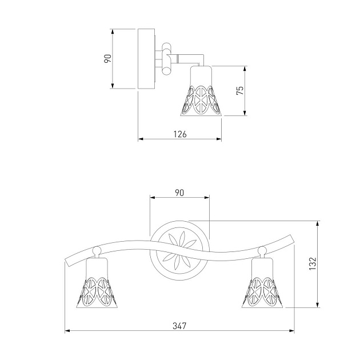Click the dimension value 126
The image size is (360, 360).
tap(180, 134)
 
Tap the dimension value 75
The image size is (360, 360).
tap(240, 91)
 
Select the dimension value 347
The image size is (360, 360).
tap(180, 326)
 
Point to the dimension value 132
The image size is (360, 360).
tap(313, 263)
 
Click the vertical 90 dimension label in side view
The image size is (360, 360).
tap(107, 58)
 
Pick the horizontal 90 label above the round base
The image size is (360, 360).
tap(179, 193)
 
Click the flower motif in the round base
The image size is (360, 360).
tap(179, 251)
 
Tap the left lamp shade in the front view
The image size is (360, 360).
tap(97, 283)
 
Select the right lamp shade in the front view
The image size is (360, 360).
tap(262, 283)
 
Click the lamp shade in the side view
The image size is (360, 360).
tap(201, 91)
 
